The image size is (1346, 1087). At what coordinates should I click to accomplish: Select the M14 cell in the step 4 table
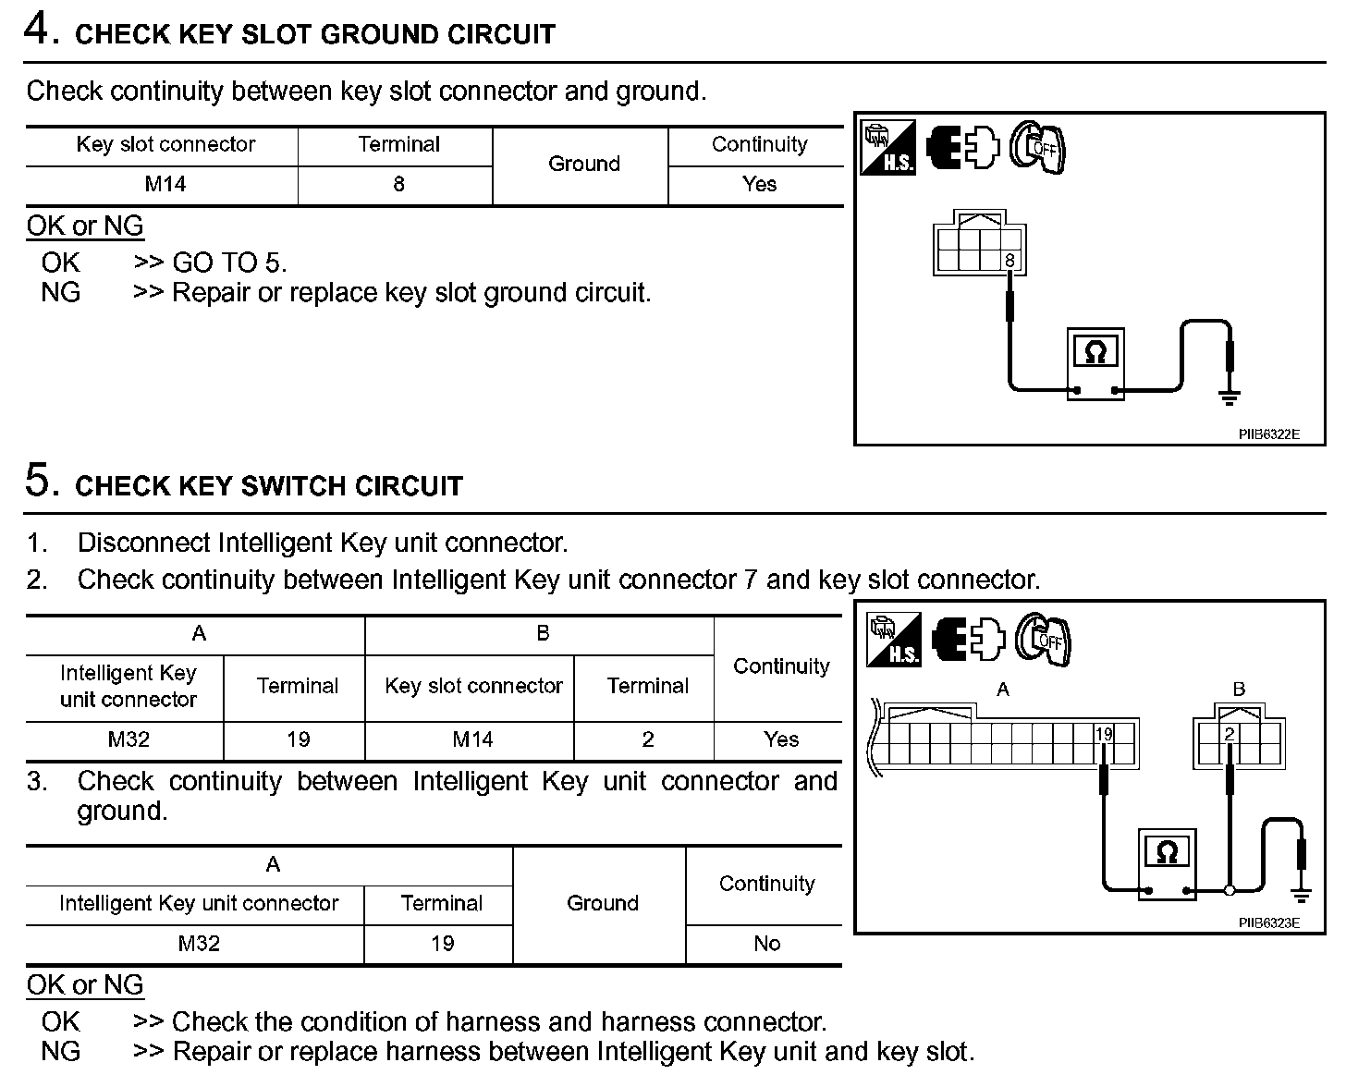point(165,184)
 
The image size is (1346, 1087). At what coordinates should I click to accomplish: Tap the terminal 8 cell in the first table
point(398,184)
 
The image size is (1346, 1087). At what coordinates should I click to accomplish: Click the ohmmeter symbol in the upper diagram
point(1095,351)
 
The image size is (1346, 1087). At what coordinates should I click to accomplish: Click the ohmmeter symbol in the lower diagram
point(1167,851)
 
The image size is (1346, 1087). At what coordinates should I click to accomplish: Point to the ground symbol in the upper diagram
point(1229,397)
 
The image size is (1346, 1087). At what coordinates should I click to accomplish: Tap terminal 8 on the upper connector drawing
point(1009,261)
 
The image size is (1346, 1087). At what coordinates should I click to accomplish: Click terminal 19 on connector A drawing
point(1104,735)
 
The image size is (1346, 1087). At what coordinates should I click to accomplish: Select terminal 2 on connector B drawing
point(1230,735)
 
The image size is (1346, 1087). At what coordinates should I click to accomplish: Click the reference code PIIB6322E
point(1269,434)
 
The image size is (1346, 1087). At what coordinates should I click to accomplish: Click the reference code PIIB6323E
point(1269,922)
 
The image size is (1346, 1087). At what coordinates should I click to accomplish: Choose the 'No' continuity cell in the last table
point(766,944)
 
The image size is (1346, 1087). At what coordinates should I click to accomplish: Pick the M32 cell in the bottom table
point(199,944)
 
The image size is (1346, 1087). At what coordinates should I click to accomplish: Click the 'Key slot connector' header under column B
point(473,686)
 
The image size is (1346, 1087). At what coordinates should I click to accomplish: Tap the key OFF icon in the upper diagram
point(1037,148)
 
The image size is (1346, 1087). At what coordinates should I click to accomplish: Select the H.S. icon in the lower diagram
point(893,640)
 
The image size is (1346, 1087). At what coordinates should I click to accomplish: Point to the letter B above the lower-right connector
point(1239,690)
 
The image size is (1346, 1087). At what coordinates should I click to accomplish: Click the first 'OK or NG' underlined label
point(85,226)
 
